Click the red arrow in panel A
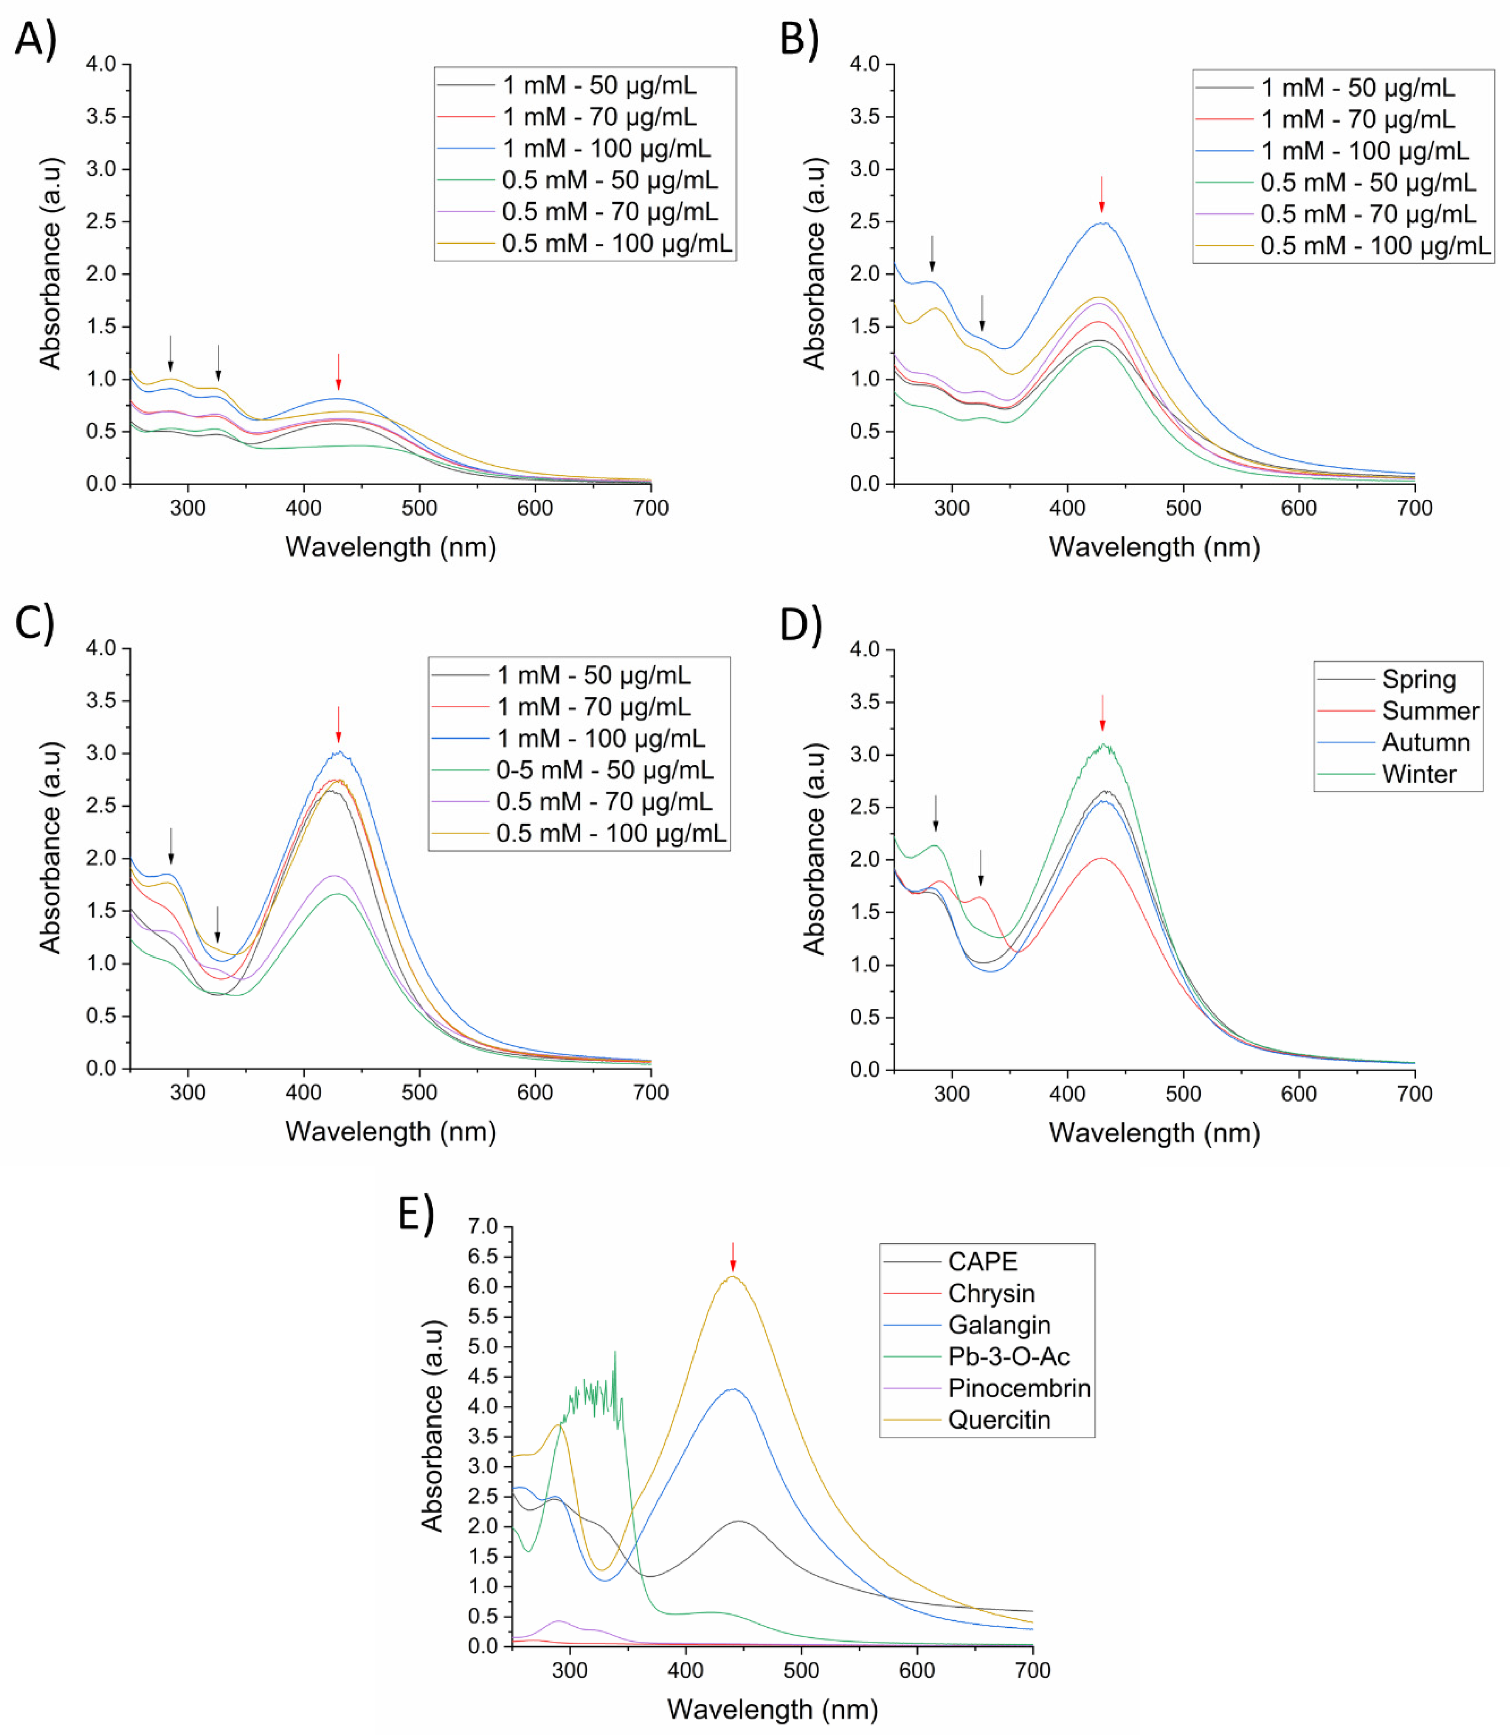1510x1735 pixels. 339,372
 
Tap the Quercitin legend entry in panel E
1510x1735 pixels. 999,1420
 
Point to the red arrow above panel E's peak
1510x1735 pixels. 733,1256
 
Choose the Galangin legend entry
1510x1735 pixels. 999,1325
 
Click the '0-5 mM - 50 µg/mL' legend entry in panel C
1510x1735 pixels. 604,769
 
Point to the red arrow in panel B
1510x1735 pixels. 1101,195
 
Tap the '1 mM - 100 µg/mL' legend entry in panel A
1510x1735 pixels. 606,148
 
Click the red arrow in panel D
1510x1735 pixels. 1102,713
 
